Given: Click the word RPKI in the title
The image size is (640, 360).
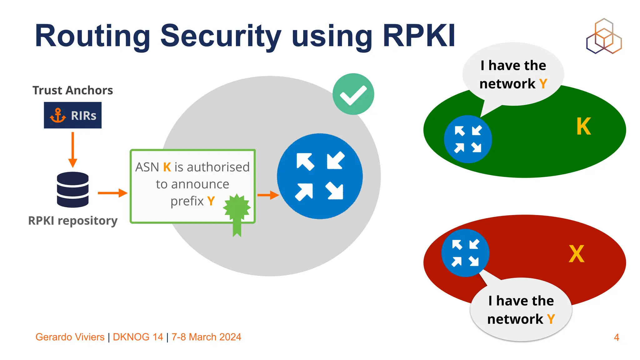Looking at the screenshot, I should tap(419, 36).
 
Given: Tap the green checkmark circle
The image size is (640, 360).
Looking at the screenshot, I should tap(353, 94).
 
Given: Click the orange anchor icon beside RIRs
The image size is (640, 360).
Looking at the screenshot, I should tap(58, 115).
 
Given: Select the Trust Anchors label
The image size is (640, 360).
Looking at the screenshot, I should tap(72, 90).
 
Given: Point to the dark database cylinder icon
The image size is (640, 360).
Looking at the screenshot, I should tap(73, 189).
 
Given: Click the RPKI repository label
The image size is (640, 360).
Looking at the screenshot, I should tap(73, 221).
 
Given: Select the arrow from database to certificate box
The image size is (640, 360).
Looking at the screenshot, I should tap(112, 193).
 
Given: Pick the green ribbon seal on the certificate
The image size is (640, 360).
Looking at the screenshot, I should tap(237, 212).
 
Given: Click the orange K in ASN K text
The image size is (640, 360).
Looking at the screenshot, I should tap(167, 167).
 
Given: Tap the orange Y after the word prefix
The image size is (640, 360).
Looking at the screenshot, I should tap(211, 201).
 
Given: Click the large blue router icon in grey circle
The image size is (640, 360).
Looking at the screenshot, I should tap(320, 176).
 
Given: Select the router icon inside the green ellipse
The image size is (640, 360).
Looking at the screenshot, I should tap(468, 139).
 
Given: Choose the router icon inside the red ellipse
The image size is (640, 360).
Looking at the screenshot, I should tap(465, 253).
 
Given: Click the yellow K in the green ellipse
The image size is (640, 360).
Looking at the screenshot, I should tap(583, 127).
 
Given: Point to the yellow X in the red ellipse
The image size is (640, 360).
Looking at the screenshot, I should tap(576, 254).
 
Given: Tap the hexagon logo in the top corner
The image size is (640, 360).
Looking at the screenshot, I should tap(604, 36).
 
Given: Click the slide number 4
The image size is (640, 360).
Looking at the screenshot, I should tap(616, 337).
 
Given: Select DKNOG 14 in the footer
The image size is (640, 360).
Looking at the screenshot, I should tap(138, 337).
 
